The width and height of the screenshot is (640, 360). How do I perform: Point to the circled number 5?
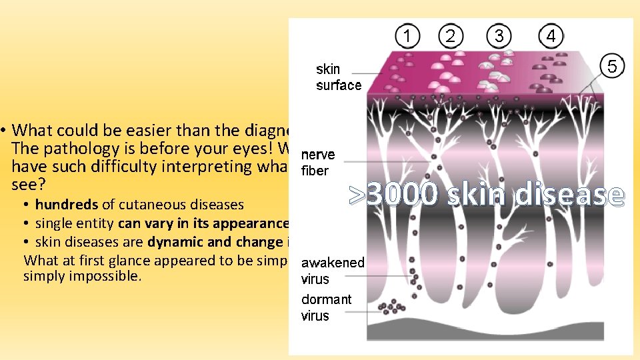pos(613,66)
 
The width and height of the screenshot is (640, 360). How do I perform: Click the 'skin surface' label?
pos(338,77)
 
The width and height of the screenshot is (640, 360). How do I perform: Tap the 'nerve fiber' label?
pos(318,163)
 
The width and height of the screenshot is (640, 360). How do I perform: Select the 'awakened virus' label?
pos(332,271)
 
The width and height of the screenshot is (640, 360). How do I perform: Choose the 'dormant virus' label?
pos(325,307)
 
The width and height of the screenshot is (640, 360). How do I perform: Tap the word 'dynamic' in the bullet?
pos(168,242)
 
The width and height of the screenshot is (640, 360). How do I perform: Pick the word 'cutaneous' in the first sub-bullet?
pos(143,205)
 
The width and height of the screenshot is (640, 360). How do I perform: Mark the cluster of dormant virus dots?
pos(390,307)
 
